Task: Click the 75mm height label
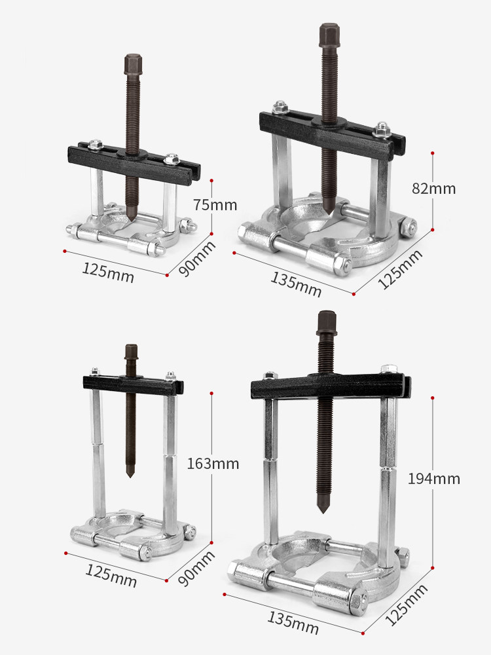coord(215,204)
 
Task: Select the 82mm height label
coord(434,189)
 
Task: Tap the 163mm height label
coord(213,464)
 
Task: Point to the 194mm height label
coord(434,479)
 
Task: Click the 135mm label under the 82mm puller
coord(296,284)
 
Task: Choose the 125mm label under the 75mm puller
coord(108,272)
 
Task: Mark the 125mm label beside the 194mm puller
coord(407,605)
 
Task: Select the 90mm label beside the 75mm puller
coord(197,259)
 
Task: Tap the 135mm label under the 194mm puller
coord(293,622)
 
